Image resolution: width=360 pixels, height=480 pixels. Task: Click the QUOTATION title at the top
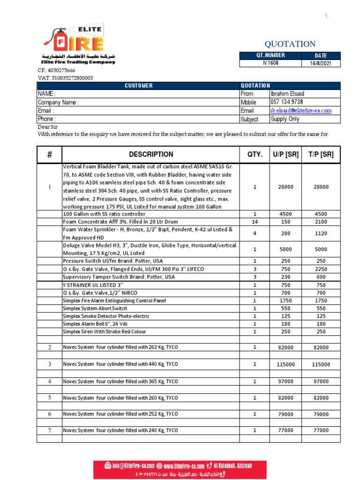pyautogui.click(x=290, y=44)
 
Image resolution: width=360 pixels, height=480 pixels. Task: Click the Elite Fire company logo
pyautogui.click(x=78, y=45)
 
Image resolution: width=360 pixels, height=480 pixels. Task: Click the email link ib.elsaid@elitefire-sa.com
pyautogui.click(x=300, y=111)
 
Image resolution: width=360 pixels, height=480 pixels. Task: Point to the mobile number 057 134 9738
pyautogui.click(x=286, y=102)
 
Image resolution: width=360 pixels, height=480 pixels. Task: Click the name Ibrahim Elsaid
pyautogui.click(x=287, y=94)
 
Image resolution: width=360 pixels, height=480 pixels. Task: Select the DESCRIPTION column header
pyautogui.click(x=150, y=154)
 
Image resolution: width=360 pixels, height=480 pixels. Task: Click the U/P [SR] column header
pyautogui.click(x=286, y=154)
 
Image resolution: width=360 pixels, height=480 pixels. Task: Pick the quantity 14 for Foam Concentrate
pyautogui.click(x=255, y=222)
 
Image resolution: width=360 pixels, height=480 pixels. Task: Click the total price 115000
pyautogui.click(x=321, y=364)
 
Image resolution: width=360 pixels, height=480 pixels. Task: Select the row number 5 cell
pyautogui.click(x=49, y=398)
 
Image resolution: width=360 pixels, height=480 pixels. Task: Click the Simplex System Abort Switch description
pyautogui.click(x=95, y=308)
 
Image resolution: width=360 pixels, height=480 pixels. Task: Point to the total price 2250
pyautogui.click(x=321, y=269)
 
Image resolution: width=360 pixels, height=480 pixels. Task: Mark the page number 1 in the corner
pyautogui.click(x=326, y=16)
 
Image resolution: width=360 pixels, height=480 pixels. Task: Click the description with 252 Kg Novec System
pyautogui.click(x=120, y=414)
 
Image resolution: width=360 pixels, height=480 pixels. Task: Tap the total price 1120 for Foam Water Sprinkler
pyautogui.click(x=321, y=233)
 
